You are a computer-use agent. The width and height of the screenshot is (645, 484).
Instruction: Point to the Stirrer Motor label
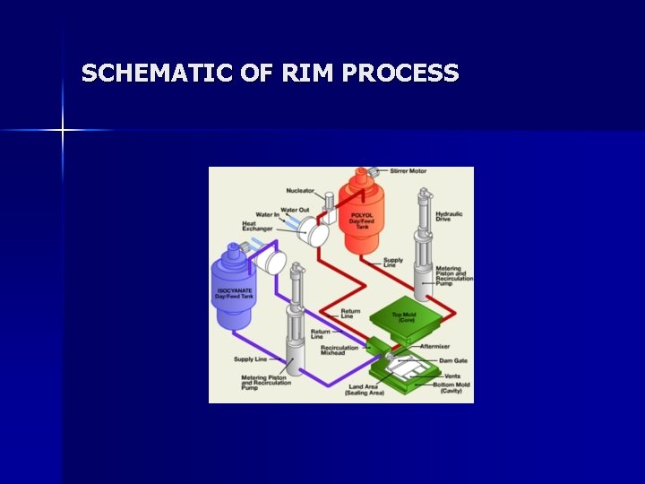click(x=408, y=171)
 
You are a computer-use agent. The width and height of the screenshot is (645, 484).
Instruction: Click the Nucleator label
click(x=300, y=190)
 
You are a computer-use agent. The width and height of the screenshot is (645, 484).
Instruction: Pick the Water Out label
click(x=297, y=210)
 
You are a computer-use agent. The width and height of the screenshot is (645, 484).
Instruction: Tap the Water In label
click(x=268, y=215)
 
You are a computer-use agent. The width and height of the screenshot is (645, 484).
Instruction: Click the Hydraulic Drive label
click(x=449, y=216)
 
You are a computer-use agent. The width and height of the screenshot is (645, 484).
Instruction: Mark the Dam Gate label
click(x=453, y=360)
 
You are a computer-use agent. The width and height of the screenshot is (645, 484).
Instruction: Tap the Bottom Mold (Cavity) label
click(x=454, y=388)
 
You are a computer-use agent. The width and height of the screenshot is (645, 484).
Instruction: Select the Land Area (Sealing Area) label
click(x=365, y=390)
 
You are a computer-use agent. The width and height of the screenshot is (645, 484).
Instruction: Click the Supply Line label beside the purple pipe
click(x=251, y=359)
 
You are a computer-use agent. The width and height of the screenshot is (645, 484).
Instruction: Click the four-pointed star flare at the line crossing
click(x=63, y=131)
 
